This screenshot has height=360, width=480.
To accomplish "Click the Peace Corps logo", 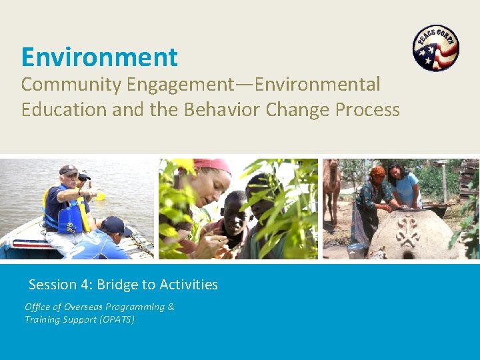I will (x=436, y=48).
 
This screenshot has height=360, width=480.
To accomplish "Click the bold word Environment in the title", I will (x=99, y=57).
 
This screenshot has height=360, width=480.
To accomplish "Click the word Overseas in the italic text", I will (x=89, y=307).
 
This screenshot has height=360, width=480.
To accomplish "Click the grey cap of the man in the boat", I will (x=68, y=170).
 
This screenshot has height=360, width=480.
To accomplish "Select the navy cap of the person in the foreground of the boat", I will (x=115, y=225).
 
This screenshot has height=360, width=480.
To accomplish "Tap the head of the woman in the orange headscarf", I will (x=377, y=174).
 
